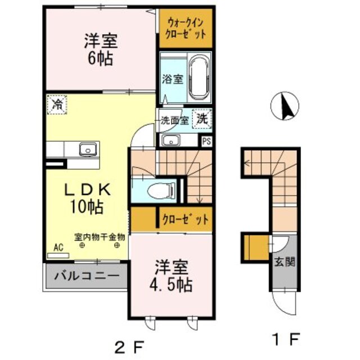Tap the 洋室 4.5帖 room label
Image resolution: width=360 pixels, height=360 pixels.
tap(172, 275)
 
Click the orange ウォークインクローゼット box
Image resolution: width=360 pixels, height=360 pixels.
tap(185, 28)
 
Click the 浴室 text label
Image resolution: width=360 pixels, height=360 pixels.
tap(173, 79)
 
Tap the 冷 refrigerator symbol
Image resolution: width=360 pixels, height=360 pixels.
tap(57, 104)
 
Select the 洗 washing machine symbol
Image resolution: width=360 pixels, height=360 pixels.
tap(201, 119)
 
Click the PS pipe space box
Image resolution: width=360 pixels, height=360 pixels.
tap(206, 141)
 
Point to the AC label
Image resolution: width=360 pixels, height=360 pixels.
tap(58, 246)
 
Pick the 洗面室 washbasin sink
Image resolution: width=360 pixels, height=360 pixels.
tap(169, 140)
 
